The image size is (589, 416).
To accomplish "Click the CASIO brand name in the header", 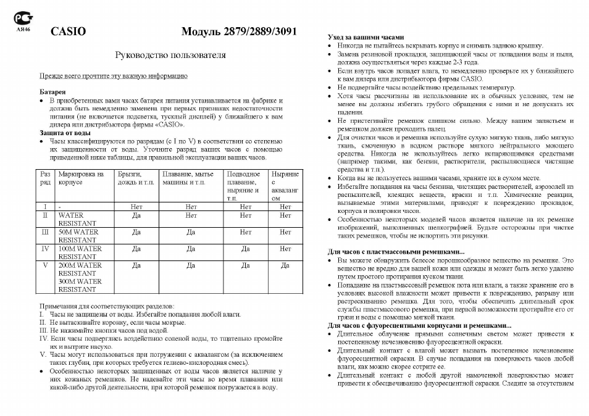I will point(68,31).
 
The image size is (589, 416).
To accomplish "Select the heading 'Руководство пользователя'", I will point(170,55).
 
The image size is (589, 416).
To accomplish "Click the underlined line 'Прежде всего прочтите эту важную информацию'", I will point(114,77).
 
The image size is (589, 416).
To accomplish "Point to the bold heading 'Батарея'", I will point(52,91).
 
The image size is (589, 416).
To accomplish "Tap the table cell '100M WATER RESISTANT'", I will point(80,252).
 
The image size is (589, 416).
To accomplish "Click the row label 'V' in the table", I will point(44,265).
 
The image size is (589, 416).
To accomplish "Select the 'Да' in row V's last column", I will point(285,265).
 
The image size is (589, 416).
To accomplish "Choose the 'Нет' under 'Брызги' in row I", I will point(137,207).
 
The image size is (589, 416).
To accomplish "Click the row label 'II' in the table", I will point(44,216).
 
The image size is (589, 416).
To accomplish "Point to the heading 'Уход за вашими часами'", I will point(366,37).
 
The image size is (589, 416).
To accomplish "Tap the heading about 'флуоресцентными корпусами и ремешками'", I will point(420,325).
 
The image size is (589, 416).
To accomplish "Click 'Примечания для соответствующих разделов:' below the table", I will point(107,306).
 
